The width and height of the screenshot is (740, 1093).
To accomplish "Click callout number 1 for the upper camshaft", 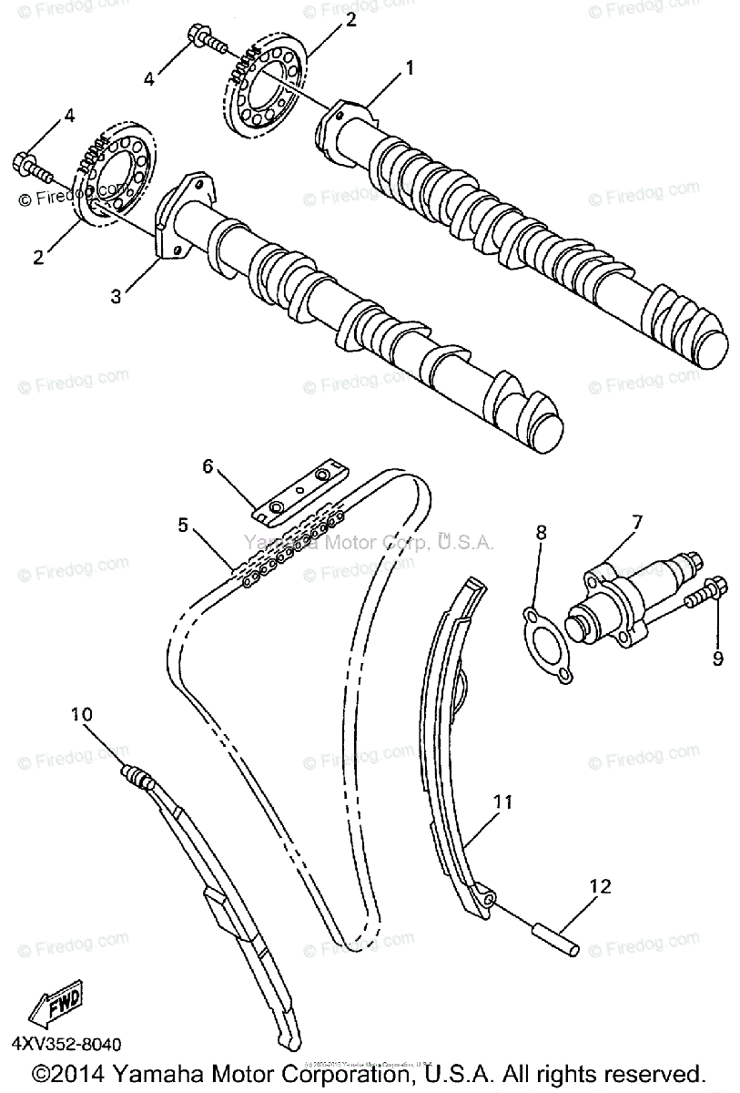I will pyautogui.click(x=410, y=66).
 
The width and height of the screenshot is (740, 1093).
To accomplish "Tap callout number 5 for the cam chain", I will pyautogui.click(x=183, y=525).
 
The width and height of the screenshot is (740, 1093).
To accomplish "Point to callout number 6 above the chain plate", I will pyautogui.click(x=208, y=466).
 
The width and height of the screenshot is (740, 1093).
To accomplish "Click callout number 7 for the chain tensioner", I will pyautogui.click(x=637, y=522).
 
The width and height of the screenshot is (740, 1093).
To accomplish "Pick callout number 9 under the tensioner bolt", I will pyautogui.click(x=717, y=658).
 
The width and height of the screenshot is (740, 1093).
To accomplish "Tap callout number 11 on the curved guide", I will pyautogui.click(x=504, y=802).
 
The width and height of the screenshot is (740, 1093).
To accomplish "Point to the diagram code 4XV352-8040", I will pyautogui.click(x=66, y=1045).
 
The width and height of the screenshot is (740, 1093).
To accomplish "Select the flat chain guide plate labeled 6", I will pyautogui.click(x=299, y=494).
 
